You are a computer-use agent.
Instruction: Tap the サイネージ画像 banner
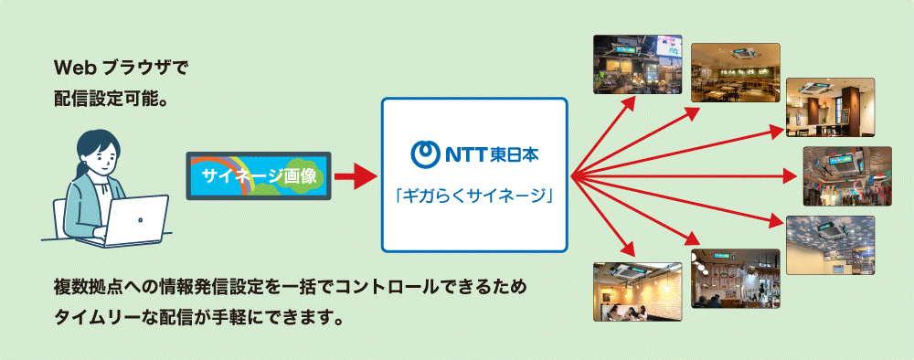(x=259, y=175)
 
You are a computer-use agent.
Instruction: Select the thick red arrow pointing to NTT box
(x=355, y=175)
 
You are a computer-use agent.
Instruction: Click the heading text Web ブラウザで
(x=122, y=69)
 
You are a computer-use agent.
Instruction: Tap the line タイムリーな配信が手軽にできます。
(x=200, y=319)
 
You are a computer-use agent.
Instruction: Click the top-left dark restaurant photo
(x=638, y=64)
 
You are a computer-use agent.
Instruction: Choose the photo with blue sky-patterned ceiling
(x=830, y=246)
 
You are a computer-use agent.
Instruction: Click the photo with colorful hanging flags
(x=846, y=175)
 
